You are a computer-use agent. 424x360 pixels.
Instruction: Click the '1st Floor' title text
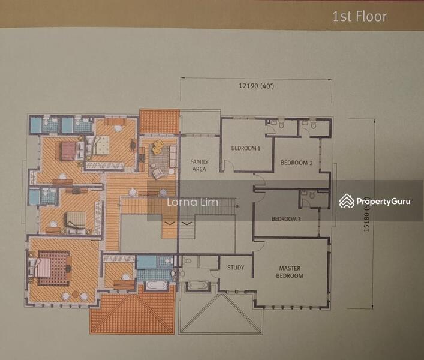[x=360, y=16]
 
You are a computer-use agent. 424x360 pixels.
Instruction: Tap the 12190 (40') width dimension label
[x=257, y=86]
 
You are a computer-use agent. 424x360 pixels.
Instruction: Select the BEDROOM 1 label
[x=246, y=148]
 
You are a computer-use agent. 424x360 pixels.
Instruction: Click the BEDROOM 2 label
[x=296, y=163]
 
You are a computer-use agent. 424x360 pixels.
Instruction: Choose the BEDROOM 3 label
[x=286, y=219]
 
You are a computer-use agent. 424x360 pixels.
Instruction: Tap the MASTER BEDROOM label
[x=290, y=272]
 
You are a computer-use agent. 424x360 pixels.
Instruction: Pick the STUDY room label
[x=236, y=268]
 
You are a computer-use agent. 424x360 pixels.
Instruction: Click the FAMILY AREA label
[x=199, y=166]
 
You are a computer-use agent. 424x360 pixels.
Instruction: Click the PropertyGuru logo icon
[x=346, y=201]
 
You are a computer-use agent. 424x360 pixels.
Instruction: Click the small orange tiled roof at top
[x=159, y=121]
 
